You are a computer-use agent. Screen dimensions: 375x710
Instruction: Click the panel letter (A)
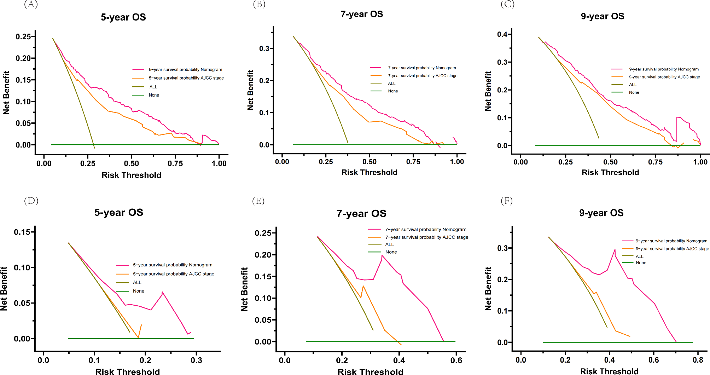[x=31, y=5]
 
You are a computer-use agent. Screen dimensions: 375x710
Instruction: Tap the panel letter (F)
[x=506, y=201]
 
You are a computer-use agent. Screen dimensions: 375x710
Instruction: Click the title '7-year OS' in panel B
[x=362, y=14]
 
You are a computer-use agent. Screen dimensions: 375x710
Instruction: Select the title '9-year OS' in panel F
[x=601, y=213]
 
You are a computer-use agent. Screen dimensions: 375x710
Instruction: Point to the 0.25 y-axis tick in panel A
[x=23, y=37]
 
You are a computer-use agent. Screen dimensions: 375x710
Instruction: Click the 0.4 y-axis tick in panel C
[x=502, y=34]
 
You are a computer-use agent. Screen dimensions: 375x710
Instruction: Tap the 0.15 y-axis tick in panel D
[x=22, y=232]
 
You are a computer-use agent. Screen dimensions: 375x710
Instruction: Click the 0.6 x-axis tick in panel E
[x=456, y=360]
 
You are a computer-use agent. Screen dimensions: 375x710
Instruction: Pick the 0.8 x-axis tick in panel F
[x=698, y=360]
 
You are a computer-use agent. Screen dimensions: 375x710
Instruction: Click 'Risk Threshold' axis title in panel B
[x=369, y=172]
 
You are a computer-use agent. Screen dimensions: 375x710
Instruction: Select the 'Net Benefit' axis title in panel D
[x=4, y=289]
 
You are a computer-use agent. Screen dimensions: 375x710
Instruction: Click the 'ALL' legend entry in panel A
[x=153, y=87]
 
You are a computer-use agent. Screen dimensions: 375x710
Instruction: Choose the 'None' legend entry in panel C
[x=634, y=92]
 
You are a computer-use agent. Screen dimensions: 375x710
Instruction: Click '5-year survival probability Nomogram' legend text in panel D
[x=173, y=265]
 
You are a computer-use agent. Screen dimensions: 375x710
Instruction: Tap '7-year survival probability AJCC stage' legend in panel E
[x=426, y=237]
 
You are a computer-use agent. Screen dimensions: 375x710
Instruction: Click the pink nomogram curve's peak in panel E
[x=382, y=255]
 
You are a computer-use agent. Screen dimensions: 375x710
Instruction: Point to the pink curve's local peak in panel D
[x=162, y=292]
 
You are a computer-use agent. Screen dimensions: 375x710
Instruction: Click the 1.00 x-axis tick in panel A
[x=219, y=163]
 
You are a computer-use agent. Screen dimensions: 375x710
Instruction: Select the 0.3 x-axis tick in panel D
[x=196, y=360]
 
